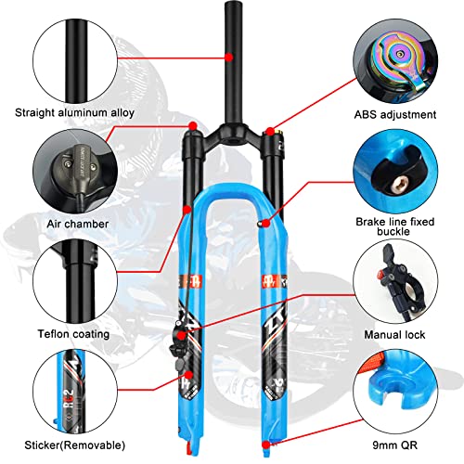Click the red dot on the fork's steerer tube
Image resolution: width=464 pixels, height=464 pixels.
click(x=229, y=57)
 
